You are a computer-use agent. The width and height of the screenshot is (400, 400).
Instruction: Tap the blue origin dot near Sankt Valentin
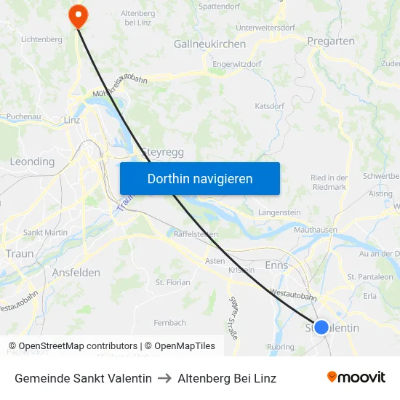coord(321,327)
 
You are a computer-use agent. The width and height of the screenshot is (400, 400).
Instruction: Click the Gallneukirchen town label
coord(209,44)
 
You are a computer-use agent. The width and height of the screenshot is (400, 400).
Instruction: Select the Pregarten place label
coord(331,41)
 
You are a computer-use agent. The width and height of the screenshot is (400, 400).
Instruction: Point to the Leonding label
coord(32,161)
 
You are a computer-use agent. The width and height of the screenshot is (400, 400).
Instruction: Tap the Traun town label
coord(20,254)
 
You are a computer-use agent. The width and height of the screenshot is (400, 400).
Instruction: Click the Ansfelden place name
coord(76,272)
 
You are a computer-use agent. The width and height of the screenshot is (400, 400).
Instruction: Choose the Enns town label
coord(276,266)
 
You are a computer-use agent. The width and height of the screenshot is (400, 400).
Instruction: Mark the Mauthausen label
coord(315,230)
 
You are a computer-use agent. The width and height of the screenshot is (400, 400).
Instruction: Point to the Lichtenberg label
coord(41,39)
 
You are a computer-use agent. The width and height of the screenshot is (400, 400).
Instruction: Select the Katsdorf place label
coord(269,106)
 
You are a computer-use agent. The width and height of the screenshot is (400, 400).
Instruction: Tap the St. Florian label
coord(172,282)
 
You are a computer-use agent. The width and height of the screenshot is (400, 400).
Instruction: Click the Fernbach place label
coord(169,322)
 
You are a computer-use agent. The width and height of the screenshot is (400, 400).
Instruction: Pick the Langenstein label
coord(279,212)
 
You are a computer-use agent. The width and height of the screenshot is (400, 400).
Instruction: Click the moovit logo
coord(356,377)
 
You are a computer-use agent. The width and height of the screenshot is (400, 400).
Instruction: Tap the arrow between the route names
coord(164,378)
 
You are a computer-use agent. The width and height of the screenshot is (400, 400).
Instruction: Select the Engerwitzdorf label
coord(236,64)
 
